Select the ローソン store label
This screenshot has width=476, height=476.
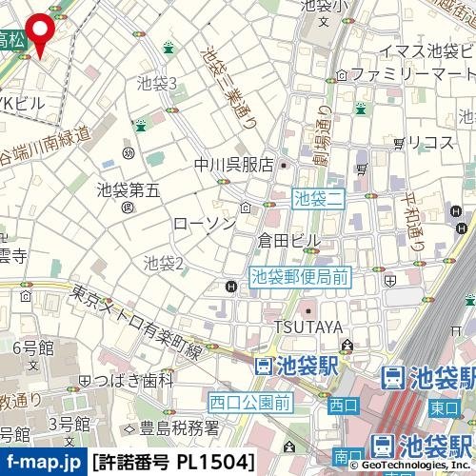click(204, 223)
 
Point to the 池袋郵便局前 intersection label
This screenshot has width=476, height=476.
click(301, 278)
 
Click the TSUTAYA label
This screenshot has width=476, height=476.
click(307, 327)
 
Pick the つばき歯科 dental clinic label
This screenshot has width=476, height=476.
click(133, 380)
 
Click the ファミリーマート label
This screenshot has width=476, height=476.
click(411, 73)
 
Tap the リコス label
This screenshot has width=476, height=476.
click(429, 142)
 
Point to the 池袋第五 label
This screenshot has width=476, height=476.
click(129, 189)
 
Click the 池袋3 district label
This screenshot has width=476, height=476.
click(157, 84)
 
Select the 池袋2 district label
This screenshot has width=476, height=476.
click(163, 262)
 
